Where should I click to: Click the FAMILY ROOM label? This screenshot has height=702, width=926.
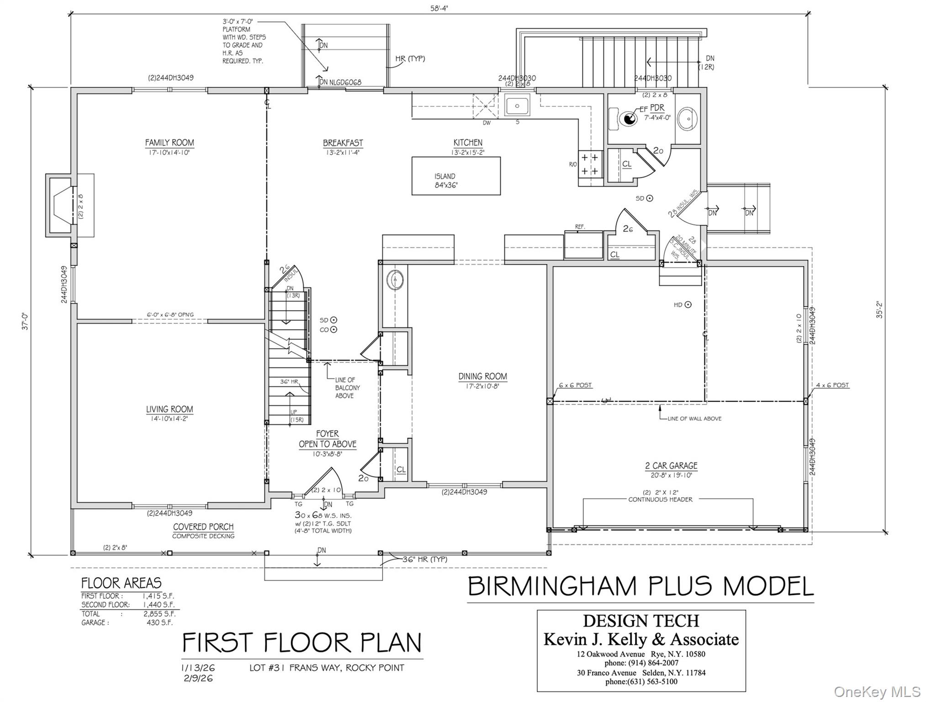[169, 143]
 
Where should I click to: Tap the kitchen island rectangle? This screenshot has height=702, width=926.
[456, 176]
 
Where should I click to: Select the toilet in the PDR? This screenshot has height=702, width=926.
[626, 119]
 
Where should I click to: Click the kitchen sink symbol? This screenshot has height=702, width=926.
[517, 106]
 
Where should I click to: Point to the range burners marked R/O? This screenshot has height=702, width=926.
[590, 165]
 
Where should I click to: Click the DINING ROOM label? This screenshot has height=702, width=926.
[482, 377]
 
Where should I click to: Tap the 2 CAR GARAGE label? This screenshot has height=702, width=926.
[671, 466]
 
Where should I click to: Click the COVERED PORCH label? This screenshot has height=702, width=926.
[203, 527]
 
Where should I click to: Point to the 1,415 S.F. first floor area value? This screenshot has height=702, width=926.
[159, 596]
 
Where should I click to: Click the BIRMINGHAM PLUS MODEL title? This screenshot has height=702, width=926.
[640, 586]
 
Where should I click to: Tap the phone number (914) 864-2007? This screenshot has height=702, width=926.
[641, 663]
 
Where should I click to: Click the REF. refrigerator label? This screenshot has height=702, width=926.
[580, 227]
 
